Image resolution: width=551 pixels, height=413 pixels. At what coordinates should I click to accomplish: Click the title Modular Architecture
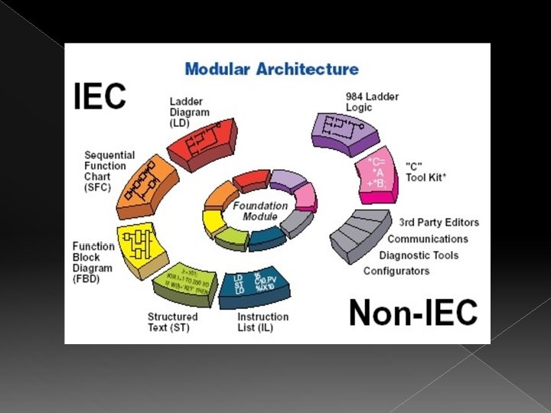coord(272,69)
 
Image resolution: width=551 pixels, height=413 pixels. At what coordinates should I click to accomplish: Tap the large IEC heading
coord(99,96)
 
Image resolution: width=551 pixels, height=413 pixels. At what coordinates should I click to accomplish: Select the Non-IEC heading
coord(413,313)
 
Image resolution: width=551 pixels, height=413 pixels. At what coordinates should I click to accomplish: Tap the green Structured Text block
coord(184,282)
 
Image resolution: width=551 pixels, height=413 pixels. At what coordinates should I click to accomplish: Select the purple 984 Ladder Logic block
coord(344,129)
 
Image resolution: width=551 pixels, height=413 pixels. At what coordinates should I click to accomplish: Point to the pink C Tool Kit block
coord(375,177)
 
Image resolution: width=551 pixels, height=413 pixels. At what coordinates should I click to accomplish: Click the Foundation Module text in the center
coord(260,211)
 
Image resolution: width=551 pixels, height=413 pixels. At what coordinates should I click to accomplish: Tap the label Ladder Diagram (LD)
coord(189,112)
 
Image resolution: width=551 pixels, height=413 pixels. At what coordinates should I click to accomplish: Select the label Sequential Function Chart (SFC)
coord(108,171)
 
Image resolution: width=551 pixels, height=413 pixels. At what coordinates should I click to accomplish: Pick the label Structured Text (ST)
coord(172,322)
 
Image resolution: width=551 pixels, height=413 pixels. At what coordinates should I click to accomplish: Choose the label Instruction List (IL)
coord(262,322)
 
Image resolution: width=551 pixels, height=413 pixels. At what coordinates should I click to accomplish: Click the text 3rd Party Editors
coord(439,223)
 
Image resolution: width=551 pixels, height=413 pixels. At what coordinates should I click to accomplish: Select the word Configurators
coord(396,271)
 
